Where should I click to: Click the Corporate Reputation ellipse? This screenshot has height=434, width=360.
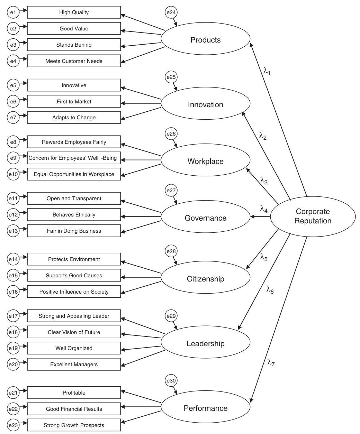(313, 216)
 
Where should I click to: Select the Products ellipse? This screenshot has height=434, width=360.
(205, 40)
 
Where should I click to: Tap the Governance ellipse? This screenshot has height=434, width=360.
(205, 218)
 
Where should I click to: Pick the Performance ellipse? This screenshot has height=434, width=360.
(205, 408)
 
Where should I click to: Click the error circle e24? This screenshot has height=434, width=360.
(171, 13)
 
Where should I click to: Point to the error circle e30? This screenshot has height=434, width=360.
(171, 381)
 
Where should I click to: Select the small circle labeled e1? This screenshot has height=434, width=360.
(13, 12)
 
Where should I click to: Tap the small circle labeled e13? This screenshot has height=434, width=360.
(13, 231)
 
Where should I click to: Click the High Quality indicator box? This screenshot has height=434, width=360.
(74, 12)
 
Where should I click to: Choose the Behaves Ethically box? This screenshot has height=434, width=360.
(74, 215)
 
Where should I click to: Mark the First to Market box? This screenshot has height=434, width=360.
(74, 101)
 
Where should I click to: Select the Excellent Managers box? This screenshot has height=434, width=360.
(74, 364)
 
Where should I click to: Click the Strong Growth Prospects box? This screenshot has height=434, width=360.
(74, 425)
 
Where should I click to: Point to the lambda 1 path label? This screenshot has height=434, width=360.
(267, 71)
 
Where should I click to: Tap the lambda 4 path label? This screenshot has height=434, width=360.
(264, 209)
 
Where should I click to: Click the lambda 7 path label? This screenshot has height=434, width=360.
(271, 362)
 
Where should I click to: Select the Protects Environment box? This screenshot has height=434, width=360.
(74, 259)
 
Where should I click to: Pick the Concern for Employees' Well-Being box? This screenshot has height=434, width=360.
(74, 158)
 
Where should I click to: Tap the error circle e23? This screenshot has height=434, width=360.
(13, 425)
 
